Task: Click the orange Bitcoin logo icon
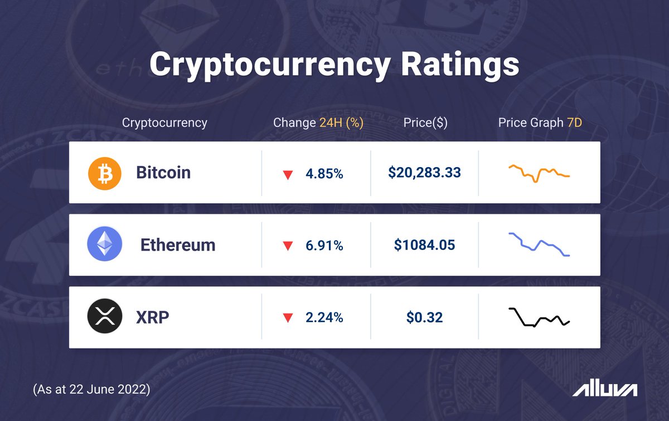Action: point(104,173)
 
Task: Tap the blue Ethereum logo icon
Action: point(104,245)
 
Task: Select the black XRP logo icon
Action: point(104,317)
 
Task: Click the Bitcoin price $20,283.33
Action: point(424,173)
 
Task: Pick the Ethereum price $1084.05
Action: point(424,245)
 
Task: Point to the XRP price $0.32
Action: point(424,317)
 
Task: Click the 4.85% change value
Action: point(324,174)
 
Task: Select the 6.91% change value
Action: point(324,246)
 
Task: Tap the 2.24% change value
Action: point(324,318)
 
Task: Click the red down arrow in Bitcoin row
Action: point(288,175)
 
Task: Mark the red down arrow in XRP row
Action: point(288,319)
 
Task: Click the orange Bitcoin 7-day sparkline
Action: point(539,173)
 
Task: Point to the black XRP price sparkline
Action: point(539,317)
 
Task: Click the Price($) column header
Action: point(425,123)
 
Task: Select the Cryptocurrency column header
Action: point(164,123)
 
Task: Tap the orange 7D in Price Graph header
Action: point(574,123)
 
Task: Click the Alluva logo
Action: point(605,389)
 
